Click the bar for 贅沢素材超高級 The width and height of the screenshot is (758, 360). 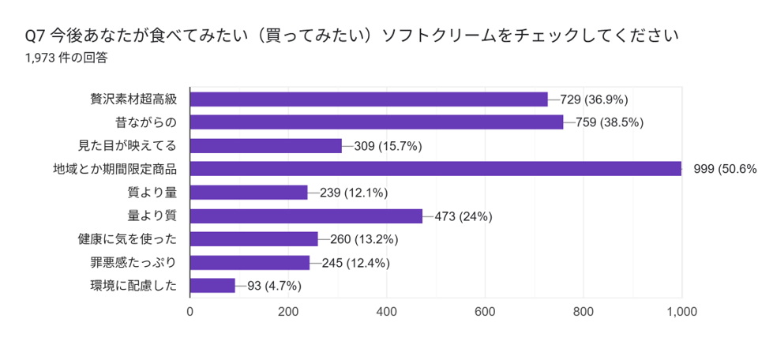tap(369, 99)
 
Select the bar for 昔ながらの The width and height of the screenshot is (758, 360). tap(377, 122)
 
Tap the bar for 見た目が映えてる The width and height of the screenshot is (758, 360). tap(266, 145)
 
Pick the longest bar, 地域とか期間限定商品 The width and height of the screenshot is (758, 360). tap(435, 169)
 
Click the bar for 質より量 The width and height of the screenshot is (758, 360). tap(249, 192)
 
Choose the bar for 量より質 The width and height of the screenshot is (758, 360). tap(306, 216)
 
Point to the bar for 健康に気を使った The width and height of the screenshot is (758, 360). tap(253, 239)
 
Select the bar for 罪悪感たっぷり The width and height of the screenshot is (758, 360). tap(250, 262)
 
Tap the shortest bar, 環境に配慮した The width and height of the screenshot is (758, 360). tap(212, 286)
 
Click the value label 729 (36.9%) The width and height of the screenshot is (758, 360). tap(594, 99)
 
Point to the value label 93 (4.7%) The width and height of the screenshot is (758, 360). tap(274, 286)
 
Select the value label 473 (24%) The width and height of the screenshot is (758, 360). tap(458, 216)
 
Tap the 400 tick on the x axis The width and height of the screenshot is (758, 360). tap(387, 312)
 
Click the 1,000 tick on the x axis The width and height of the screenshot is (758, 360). tap(681, 312)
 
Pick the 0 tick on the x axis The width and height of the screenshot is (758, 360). tap(190, 312)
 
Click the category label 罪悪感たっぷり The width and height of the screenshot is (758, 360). tap(133, 262)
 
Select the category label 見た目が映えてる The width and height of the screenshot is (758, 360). tap(126, 145)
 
